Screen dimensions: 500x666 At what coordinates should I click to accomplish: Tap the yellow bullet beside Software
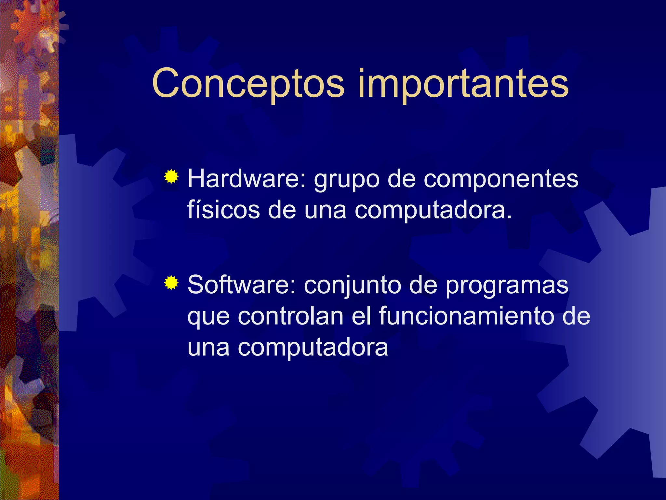[171, 283]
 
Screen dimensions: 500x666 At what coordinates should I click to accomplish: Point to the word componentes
[501, 180]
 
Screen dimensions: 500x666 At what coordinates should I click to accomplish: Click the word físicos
[223, 210]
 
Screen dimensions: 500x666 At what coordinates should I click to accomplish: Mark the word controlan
[290, 316]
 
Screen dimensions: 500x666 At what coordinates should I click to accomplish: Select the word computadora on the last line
[313, 347]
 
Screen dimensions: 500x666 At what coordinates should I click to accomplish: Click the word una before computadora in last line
[208, 347]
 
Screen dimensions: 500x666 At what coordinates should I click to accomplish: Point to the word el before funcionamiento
[361, 316]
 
